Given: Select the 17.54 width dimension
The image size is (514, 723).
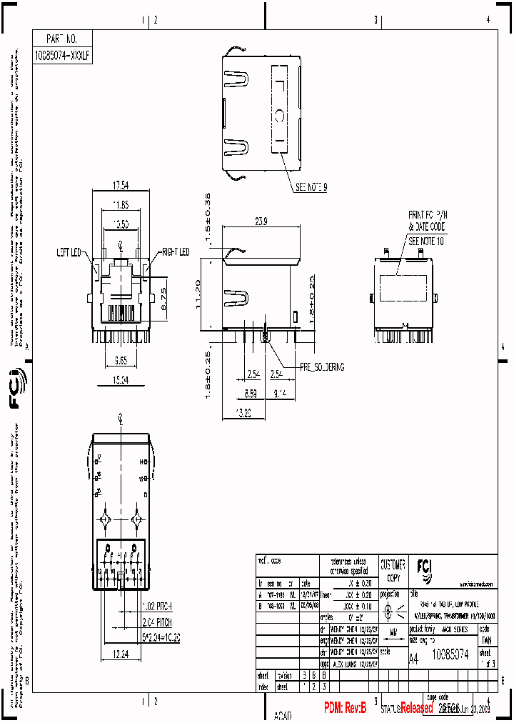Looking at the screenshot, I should tap(121, 186).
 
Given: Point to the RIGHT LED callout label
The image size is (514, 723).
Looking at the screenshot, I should tap(175, 252).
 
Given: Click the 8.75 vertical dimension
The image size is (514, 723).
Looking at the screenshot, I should tap(163, 298).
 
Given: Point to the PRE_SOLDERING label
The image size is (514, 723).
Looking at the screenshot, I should tap(321, 367).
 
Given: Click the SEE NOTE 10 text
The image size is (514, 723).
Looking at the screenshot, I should tap(425, 241).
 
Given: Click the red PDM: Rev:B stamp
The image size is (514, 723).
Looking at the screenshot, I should tap(345, 708).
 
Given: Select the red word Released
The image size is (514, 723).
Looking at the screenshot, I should tap(416, 709).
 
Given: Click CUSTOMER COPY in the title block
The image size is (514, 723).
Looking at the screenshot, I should tap(393, 569).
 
